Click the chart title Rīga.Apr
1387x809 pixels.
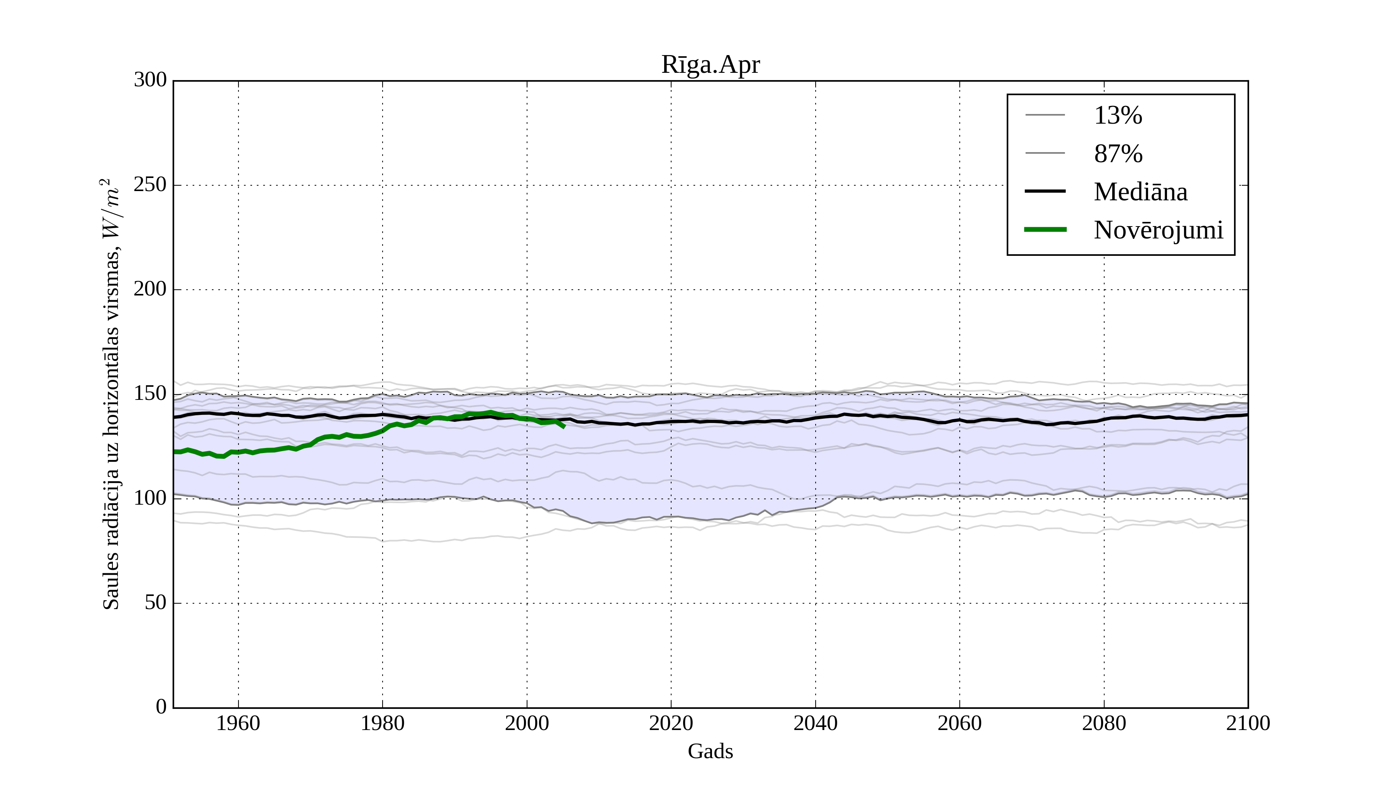tap(710, 65)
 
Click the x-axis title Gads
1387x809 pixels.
tap(710, 751)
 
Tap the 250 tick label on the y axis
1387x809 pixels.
tap(150, 185)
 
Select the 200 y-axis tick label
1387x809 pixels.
tap(150, 289)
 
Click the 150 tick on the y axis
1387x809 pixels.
tap(150, 394)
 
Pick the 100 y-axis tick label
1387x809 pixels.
tap(150, 498)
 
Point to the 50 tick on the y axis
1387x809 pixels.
tap(155, 603)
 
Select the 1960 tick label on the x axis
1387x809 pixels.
tap(238, 724)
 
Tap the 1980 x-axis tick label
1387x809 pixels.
tap(383, 724)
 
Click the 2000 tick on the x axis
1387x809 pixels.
tap(527, 724)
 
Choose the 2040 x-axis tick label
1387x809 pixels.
tap(815, 724)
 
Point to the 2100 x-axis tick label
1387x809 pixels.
tap(1248, 724)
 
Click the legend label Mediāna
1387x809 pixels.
tap(1140, 192)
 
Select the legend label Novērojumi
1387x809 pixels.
tap(1158, 230)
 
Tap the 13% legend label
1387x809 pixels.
tap(1118, 116)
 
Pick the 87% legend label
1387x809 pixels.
tap(1118, 154)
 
